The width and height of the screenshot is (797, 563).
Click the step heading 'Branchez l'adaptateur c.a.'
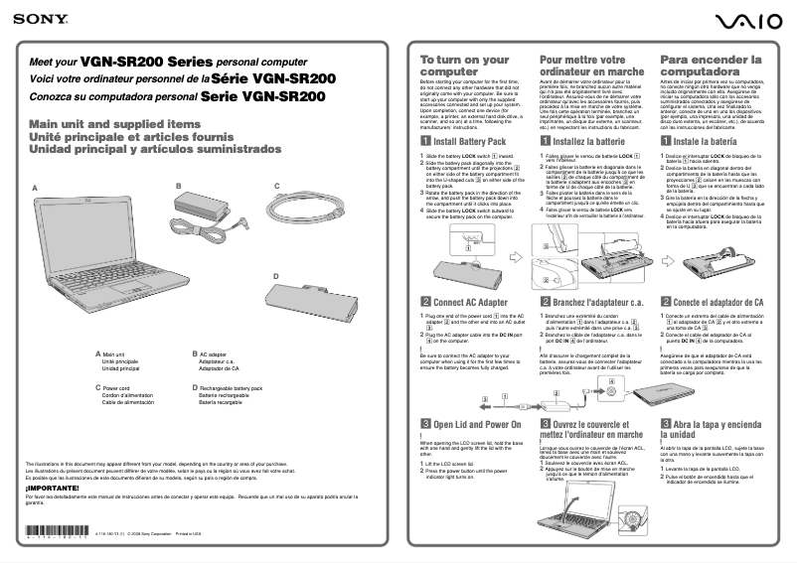coord(597,302)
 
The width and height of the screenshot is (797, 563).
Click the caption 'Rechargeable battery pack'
coord(231,388)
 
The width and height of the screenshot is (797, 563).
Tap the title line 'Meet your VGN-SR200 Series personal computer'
coord(183,62)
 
